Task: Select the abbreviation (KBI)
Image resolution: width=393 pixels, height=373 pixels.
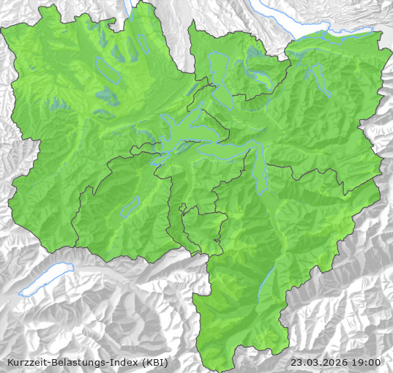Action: [155, 362]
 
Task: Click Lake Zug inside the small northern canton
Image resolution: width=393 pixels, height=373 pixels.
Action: [217, 73]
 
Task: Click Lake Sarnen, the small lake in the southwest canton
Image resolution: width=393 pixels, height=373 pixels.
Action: [130, 206]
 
